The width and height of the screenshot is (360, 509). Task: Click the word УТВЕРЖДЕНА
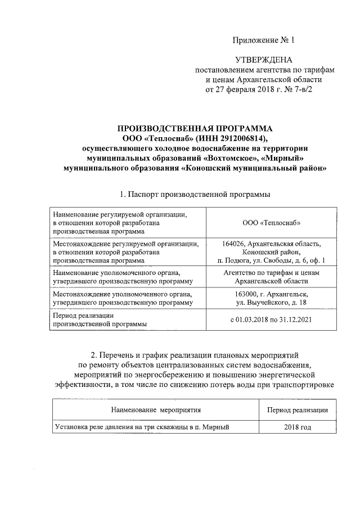point(263,60)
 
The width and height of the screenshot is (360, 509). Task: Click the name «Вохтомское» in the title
point(229,158)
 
